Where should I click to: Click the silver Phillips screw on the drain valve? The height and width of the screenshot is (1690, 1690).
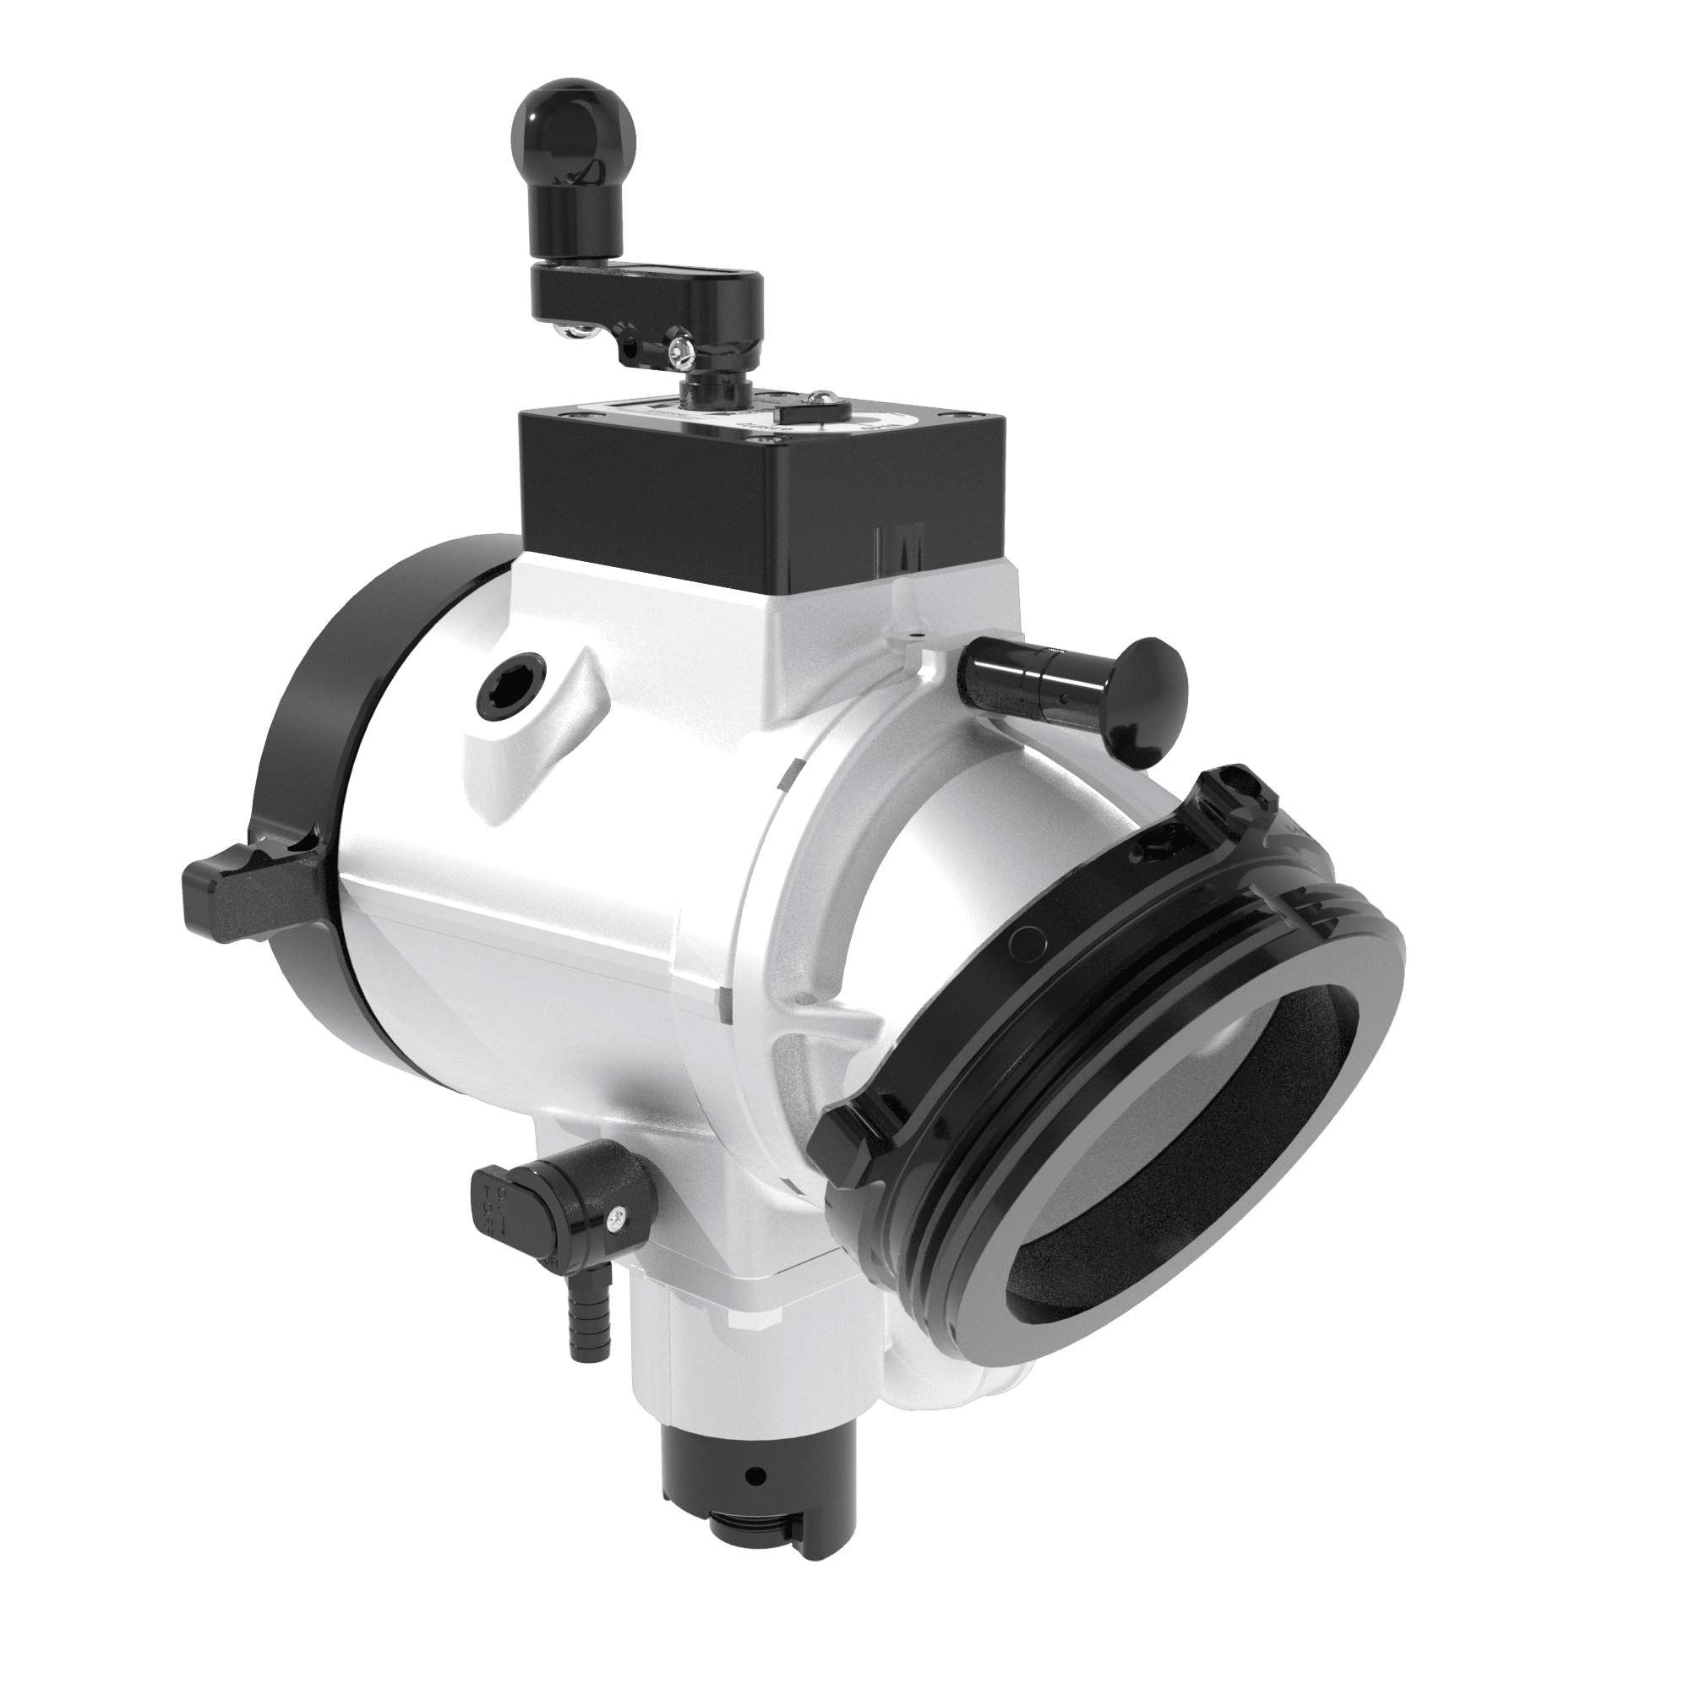point(618,1216)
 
